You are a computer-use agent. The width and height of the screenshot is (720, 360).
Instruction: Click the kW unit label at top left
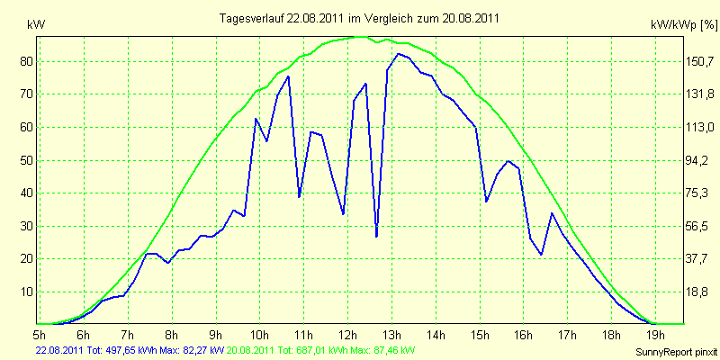point(37,25)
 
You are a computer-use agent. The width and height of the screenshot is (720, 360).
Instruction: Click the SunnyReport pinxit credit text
point(676,352)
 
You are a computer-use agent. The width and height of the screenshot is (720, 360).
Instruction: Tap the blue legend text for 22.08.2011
point(130,351)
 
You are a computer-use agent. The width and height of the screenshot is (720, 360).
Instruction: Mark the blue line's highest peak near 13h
point(398,54)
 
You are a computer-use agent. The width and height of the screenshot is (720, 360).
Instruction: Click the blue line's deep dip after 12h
point(376,236)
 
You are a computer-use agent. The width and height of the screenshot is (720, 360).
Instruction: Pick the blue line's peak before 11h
point(288,76)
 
